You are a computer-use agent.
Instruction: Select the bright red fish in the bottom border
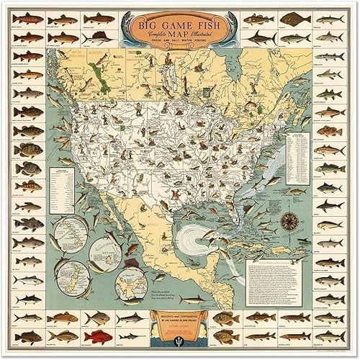pyautogui.click(x=97, y=336)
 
